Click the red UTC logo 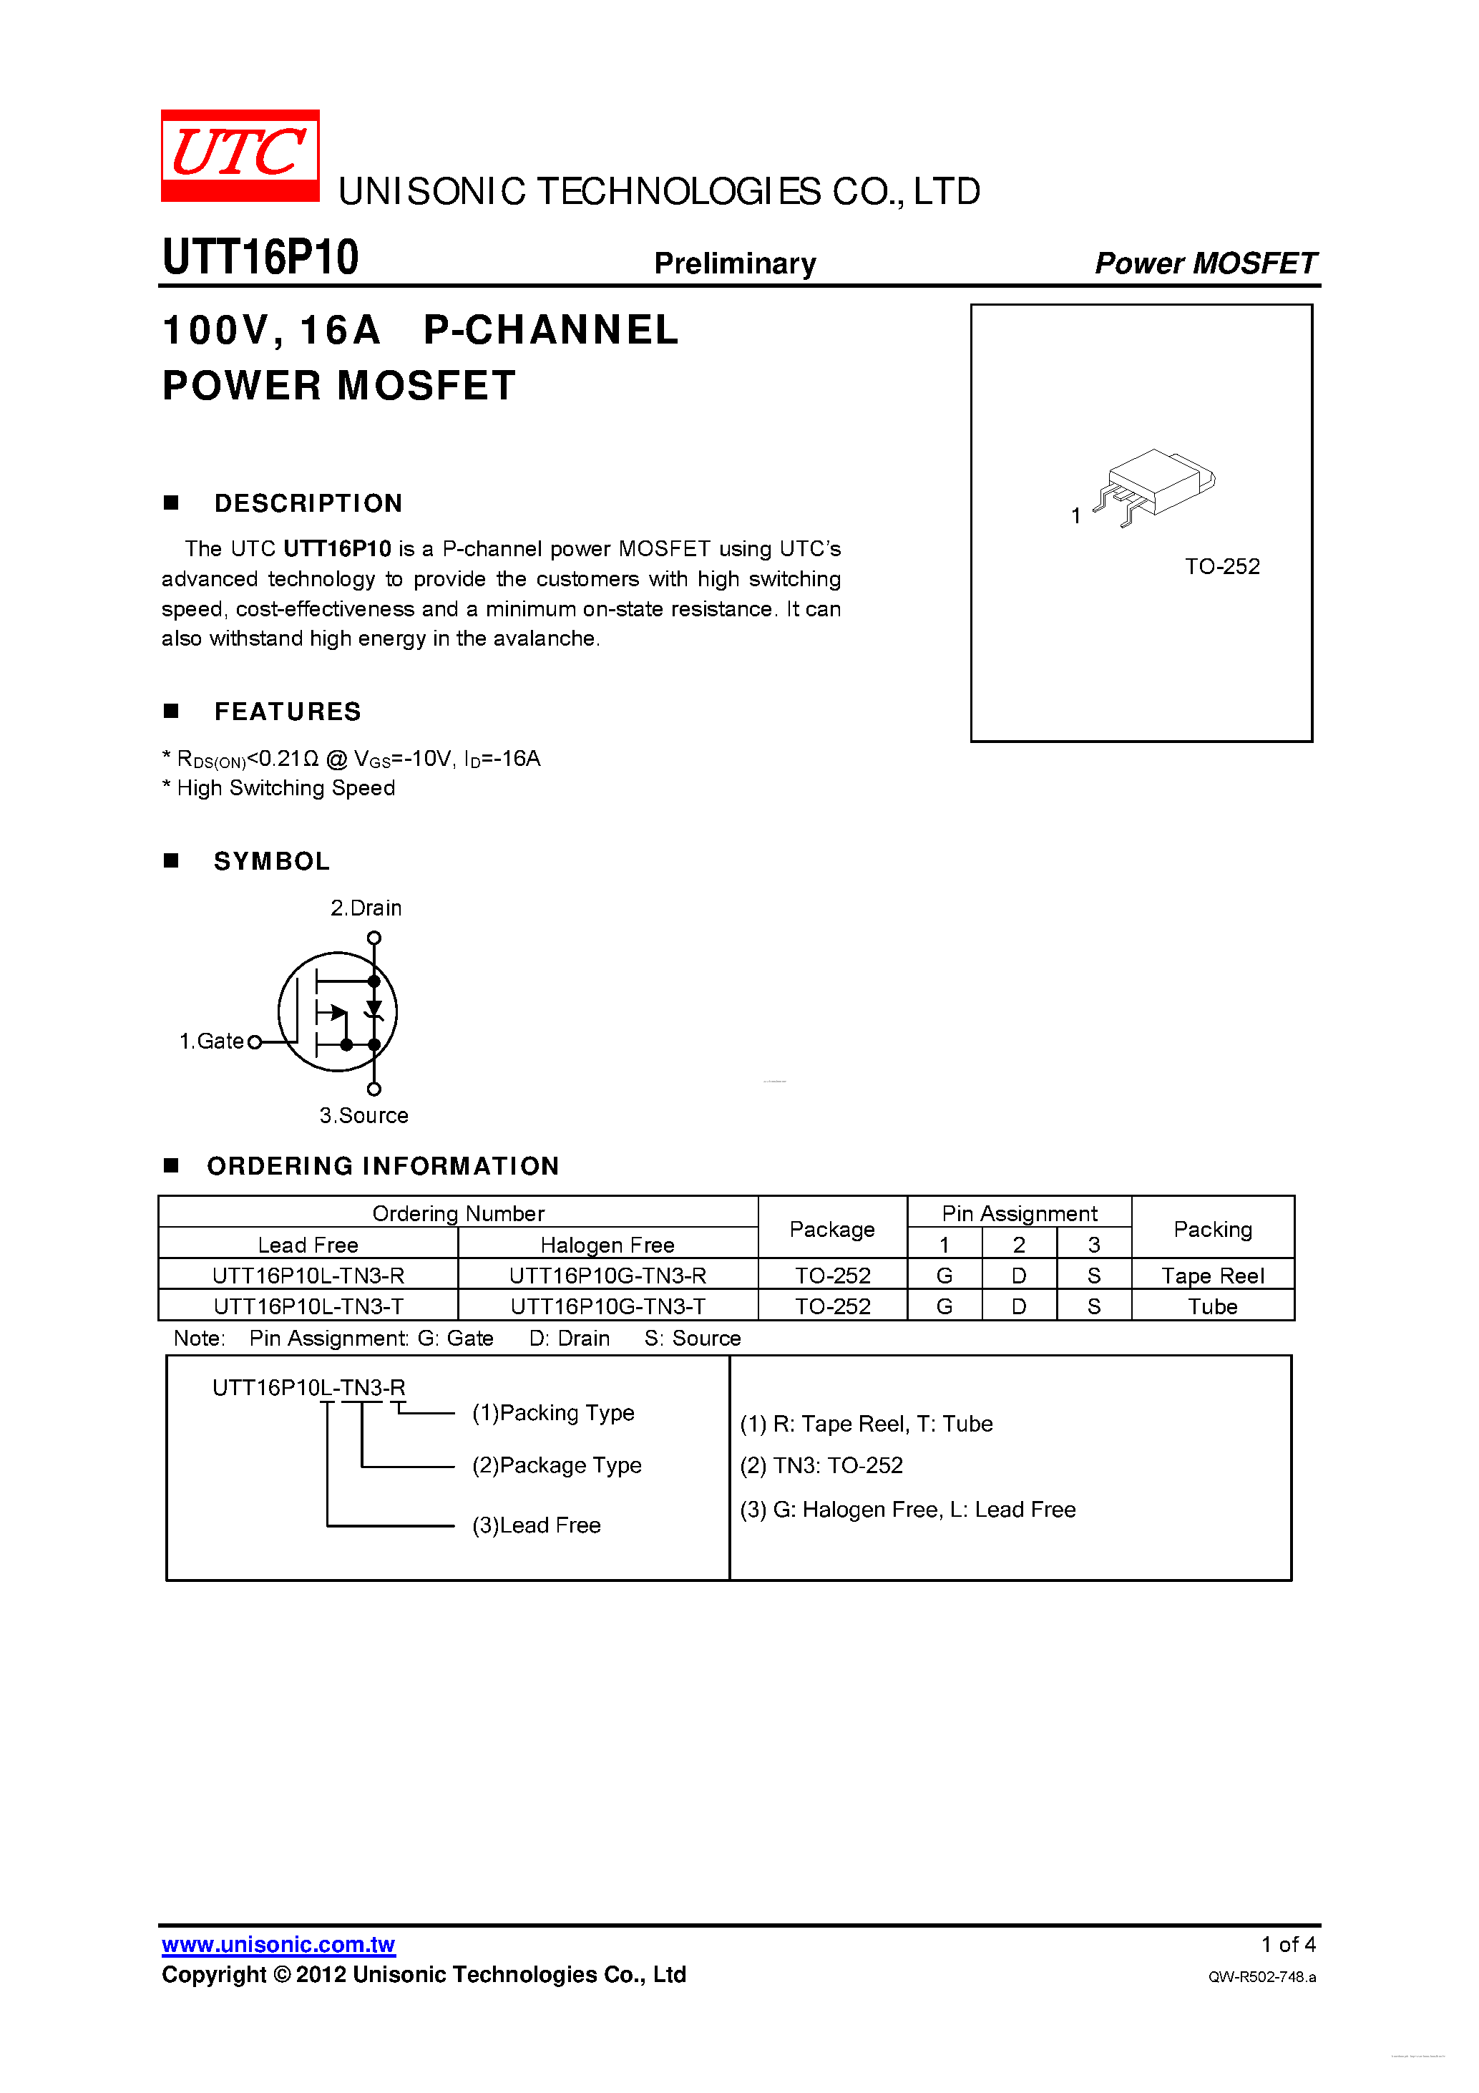[240, 155]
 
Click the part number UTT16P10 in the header [260, 257]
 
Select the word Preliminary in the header [734, 263]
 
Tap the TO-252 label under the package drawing [1221, 566]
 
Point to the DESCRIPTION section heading [308, 503]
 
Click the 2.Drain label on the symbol [366, 908]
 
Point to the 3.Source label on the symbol [363, 1115]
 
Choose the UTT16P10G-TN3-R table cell [607, 1276]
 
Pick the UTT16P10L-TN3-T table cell [308, 1306]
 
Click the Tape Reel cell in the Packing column [1212, 1276]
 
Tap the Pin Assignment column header [1019, 1213]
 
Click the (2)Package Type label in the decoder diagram [556, 1465]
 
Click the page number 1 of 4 [1288, 1944]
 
